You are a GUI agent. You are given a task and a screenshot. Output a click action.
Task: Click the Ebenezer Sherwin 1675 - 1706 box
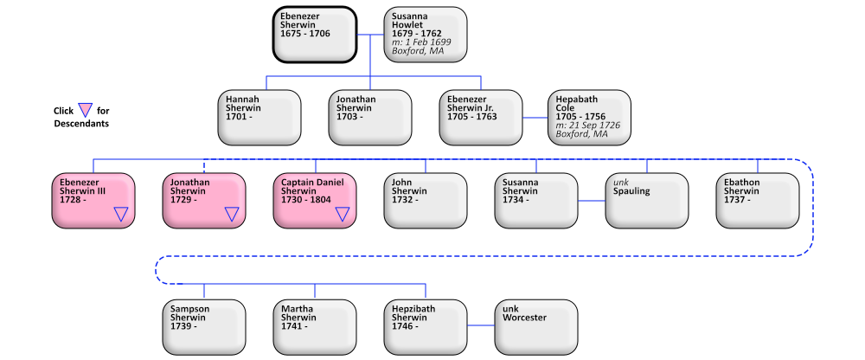coord(315,34)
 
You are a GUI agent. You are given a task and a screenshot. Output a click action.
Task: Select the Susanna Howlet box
coord(426,34)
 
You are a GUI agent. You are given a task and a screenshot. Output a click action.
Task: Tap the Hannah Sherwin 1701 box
coord(259,117)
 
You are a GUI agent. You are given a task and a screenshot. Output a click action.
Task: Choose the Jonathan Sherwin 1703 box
coord(370,117)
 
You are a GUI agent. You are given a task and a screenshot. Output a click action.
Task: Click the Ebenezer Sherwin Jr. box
coord(481,117)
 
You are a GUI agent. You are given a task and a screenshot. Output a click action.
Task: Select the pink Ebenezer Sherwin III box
coord(93,200)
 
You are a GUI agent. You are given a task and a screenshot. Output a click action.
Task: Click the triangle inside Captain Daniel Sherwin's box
coord(343,214)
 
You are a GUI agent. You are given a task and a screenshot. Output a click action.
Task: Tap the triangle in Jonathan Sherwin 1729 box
coord(232,214)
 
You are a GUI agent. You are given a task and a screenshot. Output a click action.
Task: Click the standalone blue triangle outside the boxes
coord(85,110)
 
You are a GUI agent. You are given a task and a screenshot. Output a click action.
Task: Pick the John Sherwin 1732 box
coord(426,200)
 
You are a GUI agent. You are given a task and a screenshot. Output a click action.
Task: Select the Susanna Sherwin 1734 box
coord(536,200)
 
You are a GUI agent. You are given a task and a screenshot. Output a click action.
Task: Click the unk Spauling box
coord(647,200)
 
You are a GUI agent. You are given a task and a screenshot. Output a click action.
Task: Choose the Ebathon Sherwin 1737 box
coord(758,200)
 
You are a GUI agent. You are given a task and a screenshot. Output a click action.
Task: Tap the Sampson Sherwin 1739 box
coord(204,326)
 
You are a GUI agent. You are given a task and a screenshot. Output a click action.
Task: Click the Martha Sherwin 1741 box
coord(315,326)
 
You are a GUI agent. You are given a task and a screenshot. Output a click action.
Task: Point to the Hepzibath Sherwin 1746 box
coord(426,326)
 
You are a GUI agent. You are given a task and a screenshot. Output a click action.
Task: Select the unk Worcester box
coord(536,326)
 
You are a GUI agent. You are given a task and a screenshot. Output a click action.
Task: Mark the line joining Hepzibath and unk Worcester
coord(481,326)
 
